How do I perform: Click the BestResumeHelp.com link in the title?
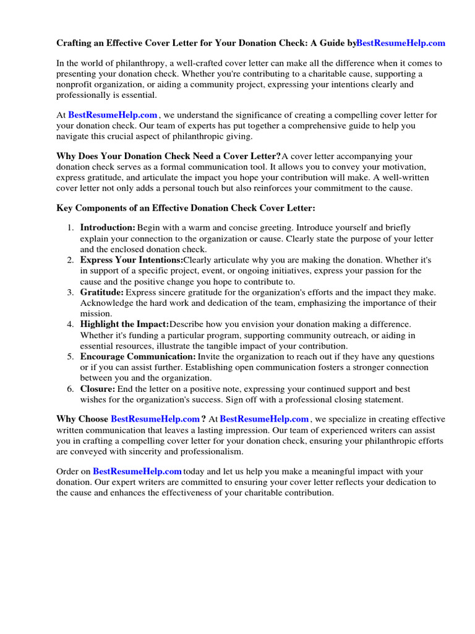coord(401,43)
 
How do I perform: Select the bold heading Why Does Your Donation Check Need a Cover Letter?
coord(168,156)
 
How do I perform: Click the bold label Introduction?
coord(108,228)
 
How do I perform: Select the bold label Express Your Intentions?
coord(131,260)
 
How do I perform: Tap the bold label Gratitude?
coord(102,292)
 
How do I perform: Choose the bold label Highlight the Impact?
coord(124,324)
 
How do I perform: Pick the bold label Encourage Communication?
coord(138,357)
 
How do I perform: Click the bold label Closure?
coord(98,389)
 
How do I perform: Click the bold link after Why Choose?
coord(155,419)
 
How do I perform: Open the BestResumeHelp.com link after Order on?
coord(137,472)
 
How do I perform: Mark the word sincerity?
coord(134,451)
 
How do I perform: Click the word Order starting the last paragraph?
coord(68,472)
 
